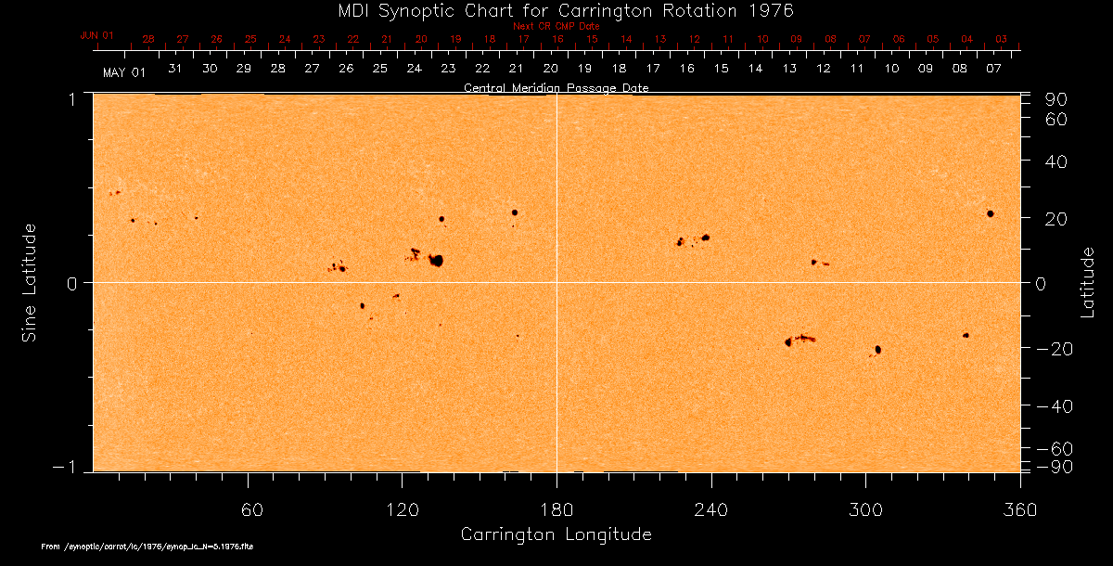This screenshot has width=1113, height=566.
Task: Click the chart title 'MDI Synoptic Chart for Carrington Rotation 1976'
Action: (556, 10)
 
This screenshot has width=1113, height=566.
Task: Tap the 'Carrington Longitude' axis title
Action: (556, 535)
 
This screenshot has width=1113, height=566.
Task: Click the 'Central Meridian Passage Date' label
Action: (556, 88)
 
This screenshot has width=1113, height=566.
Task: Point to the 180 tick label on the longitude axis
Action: (556, 510)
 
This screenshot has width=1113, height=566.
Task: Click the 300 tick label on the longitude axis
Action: (865, 510)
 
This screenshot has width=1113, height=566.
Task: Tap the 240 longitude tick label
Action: (711, 510)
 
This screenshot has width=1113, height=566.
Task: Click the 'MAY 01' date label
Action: (123, 71)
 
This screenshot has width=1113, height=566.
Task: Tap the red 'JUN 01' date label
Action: (97, 35)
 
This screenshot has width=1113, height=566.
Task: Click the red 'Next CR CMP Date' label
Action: (556, 26)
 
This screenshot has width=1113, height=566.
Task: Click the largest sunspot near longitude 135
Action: (436, 261)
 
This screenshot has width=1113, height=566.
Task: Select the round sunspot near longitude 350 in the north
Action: (991, 213)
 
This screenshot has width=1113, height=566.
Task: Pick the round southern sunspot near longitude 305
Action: (877, 350)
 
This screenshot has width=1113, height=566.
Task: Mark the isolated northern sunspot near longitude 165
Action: (515, 212)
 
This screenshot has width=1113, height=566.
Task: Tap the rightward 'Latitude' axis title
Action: (1088, 282)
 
